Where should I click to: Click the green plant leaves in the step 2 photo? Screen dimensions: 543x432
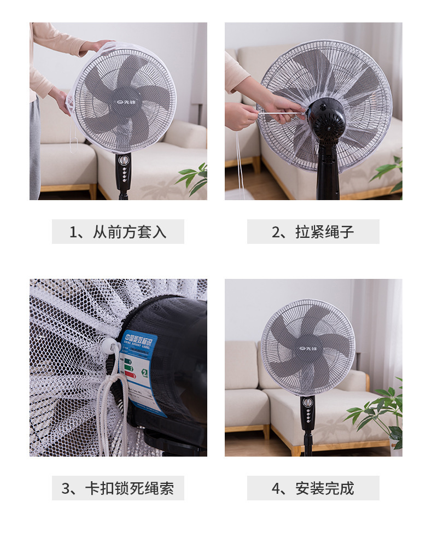point(390,172)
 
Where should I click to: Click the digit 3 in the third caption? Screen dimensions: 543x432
point(66,488)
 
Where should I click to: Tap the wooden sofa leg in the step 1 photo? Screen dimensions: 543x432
point(92,191)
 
